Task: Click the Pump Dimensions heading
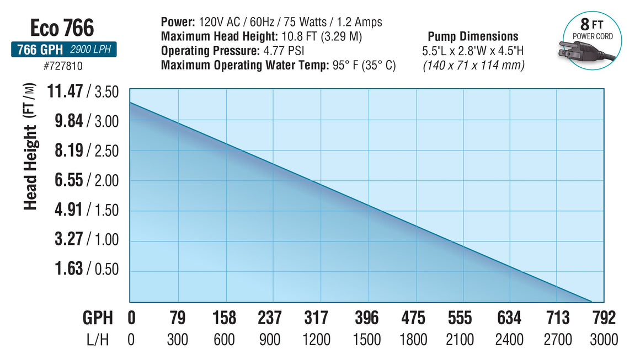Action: pyautogui.click(x=473, y=36)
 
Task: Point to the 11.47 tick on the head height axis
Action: pyautogui.click(x=66, y=91)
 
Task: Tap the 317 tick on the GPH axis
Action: pyautogui.click(x=316, y=318)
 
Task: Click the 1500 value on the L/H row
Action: pyautogui.click(x=366, y=339)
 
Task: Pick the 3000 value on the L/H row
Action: pyautogui.click(x=602, y=339)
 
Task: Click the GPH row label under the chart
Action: pyautogui.click(x=98, y=318)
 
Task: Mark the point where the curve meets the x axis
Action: pyautogui.click(x=591, y=302)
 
